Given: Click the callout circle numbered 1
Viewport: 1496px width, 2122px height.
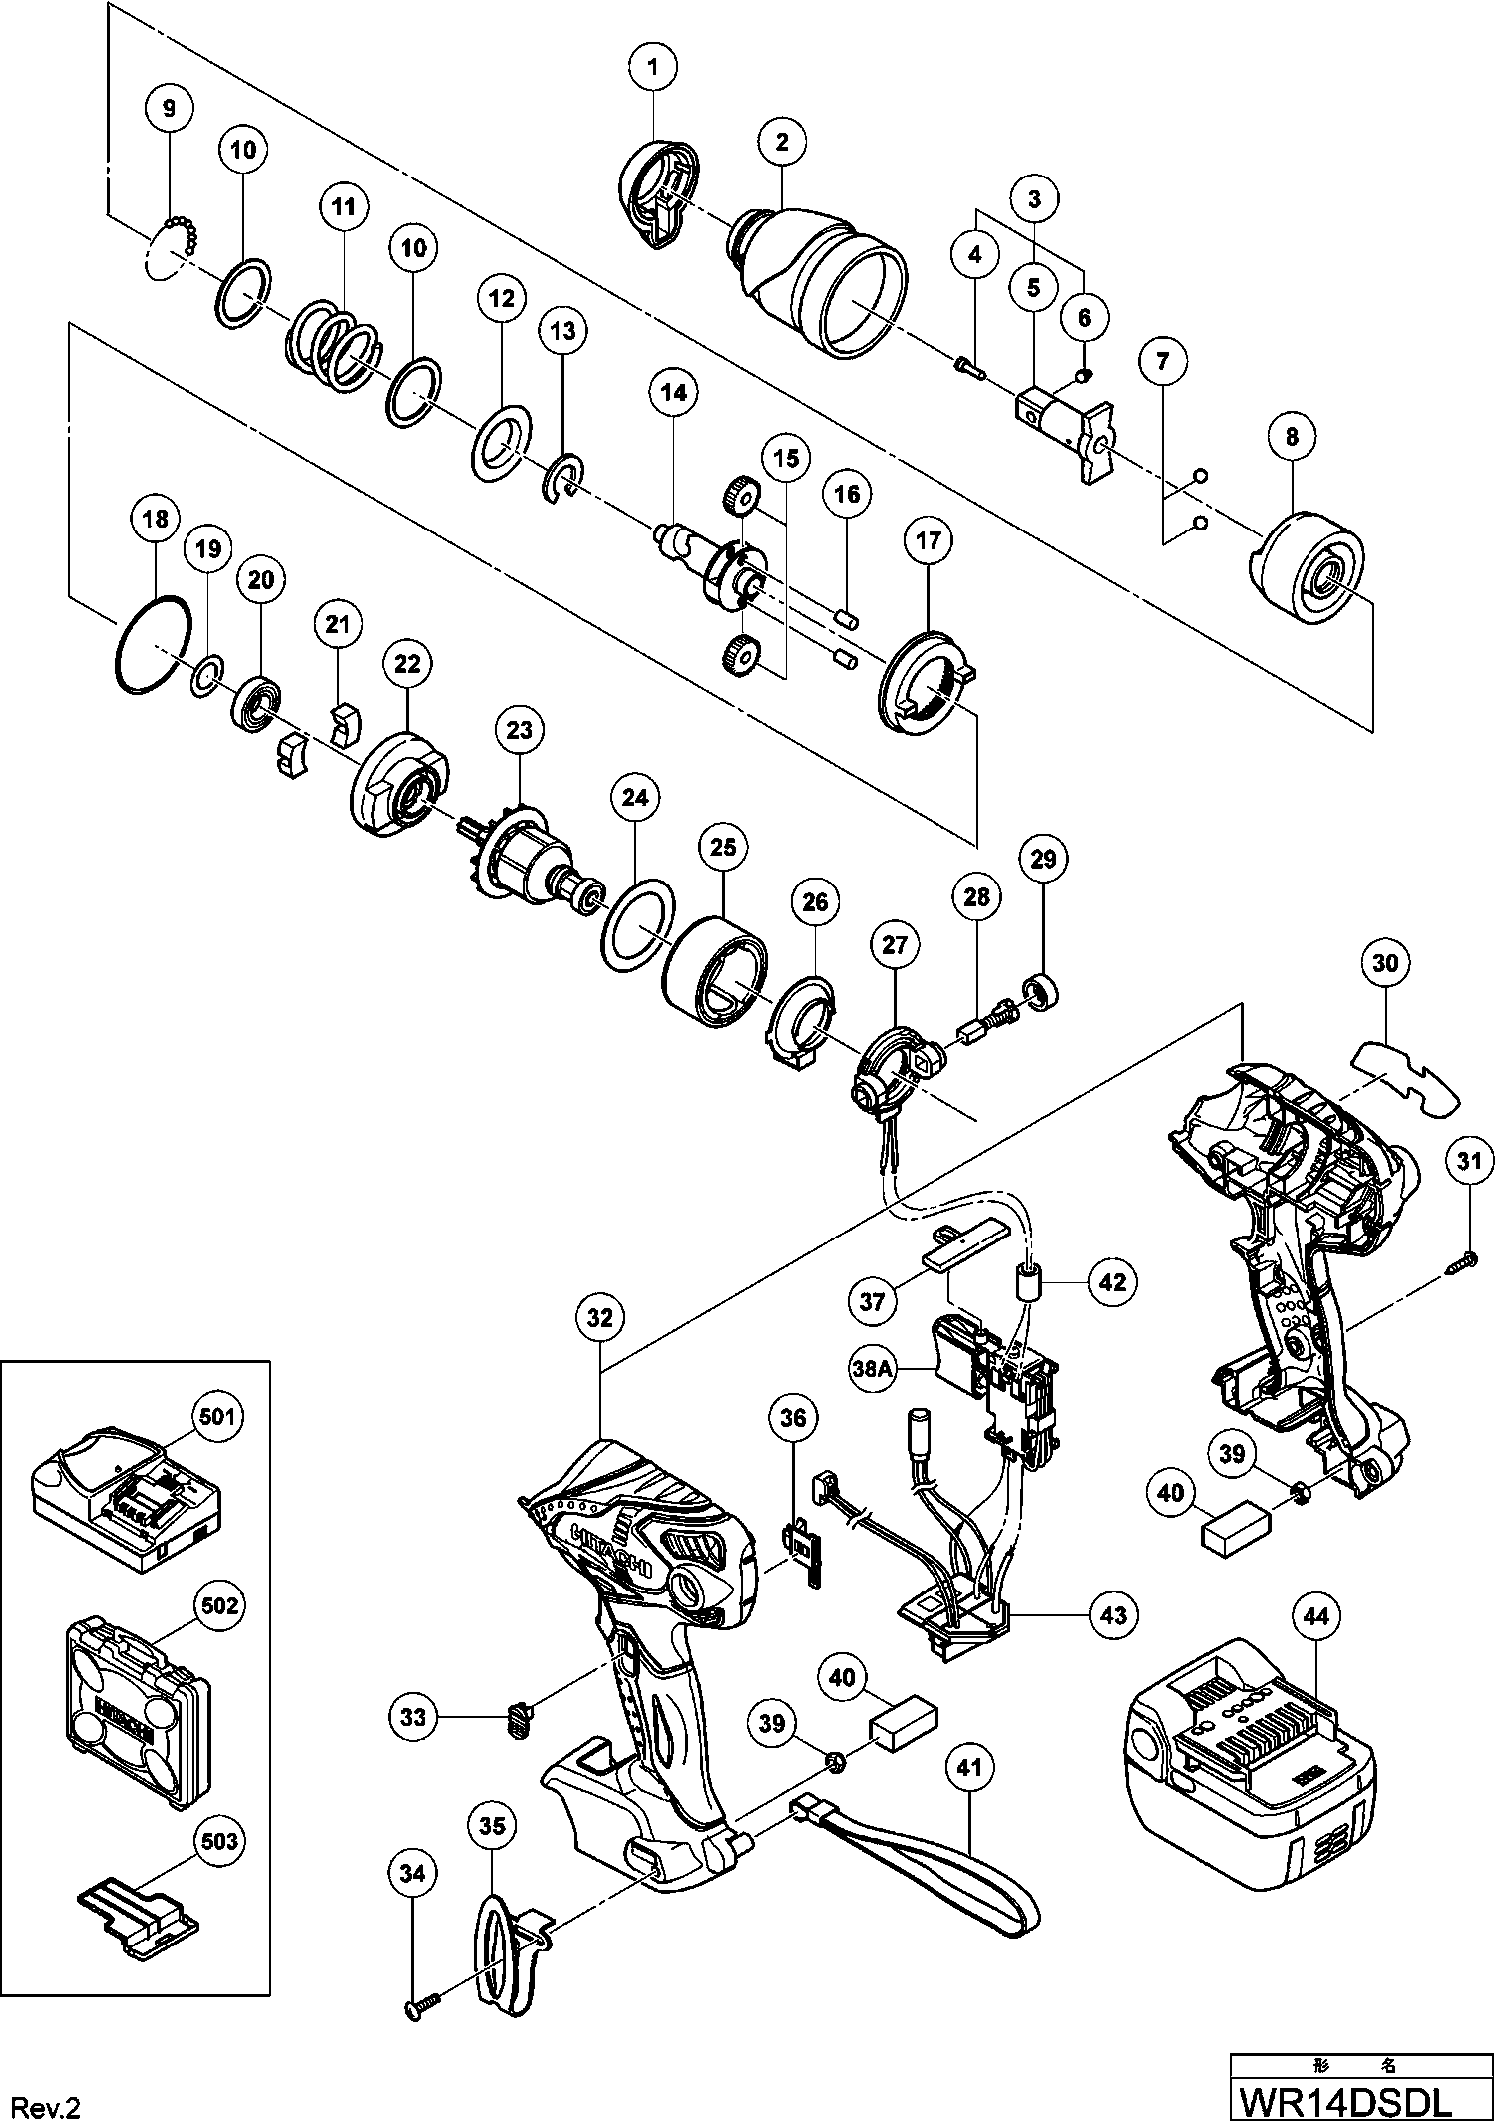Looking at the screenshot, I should pyautogui.click(x=653, y=68).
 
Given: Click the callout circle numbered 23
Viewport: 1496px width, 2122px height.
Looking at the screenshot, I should pyautogui.click(x=520, y=730).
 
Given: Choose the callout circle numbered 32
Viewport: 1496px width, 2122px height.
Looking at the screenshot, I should pyautogui.click(x=599, y=1317).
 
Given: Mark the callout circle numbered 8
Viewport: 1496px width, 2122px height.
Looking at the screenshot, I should pyautogui.click(x=1293, y=436).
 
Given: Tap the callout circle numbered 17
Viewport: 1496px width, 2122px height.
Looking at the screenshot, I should pyautogui.click(x=928, y=540).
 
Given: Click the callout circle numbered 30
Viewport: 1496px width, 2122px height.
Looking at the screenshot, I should pyautogui.click(x=1385, y=963).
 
